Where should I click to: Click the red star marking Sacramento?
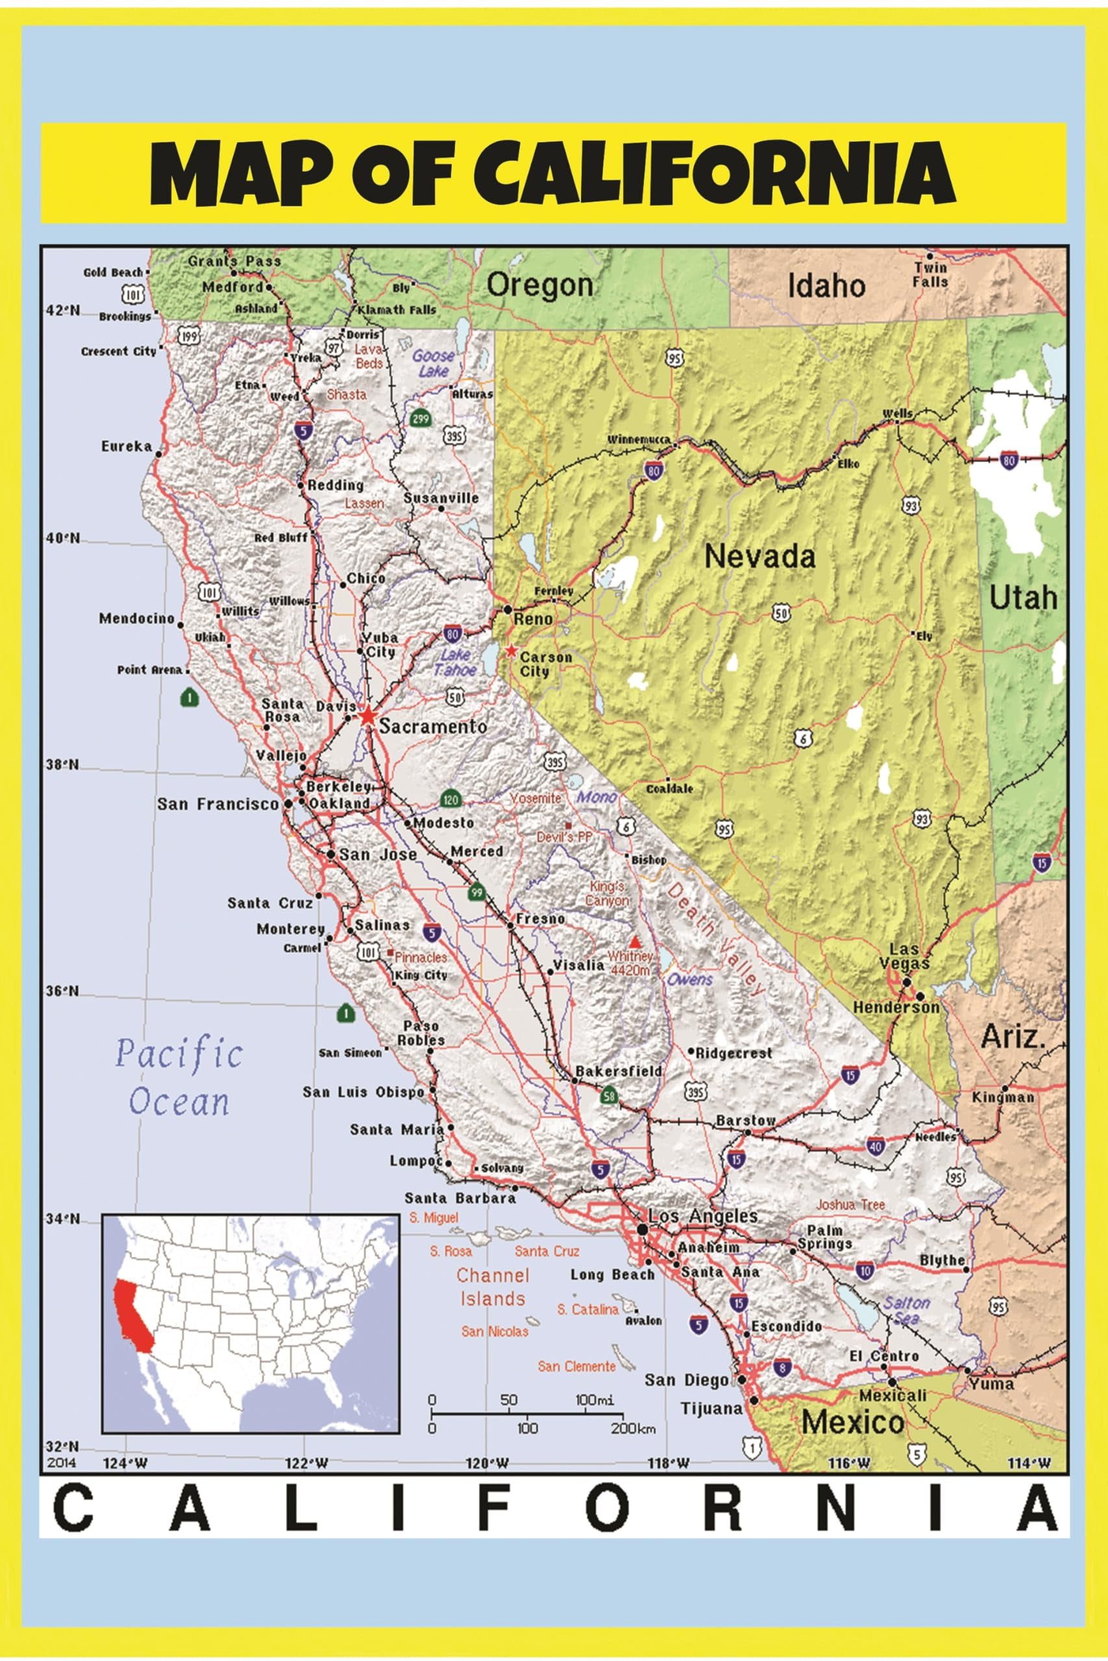tap(367, 716)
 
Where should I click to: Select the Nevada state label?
tap(759, 557)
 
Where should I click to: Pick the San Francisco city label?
tap(217, 805)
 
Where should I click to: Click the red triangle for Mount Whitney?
tap(636, 942)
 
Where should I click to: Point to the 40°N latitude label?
tap(63, 539)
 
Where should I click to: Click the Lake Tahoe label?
tap(456, 662)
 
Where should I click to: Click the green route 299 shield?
tap(421, 418)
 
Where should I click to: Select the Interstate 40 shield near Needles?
tap(876, 1147)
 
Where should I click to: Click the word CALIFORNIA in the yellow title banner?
tap(715, 173)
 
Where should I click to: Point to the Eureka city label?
tap(127, 446)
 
